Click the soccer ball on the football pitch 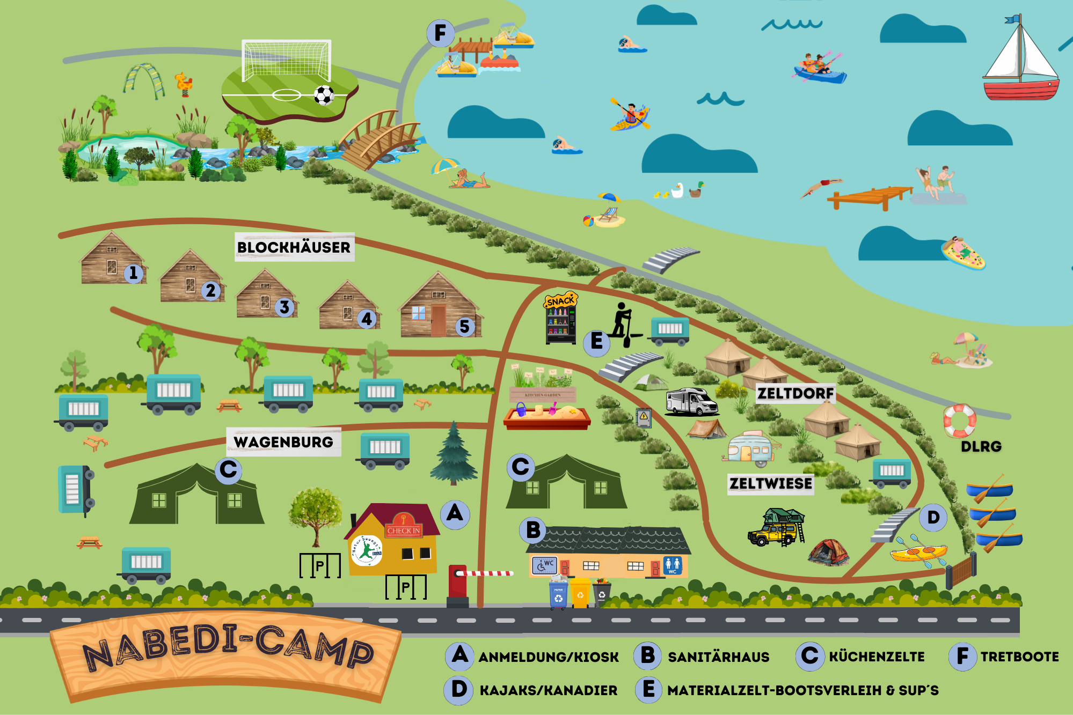point(324,95)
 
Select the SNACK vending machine point(560,320)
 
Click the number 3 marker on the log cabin point(284,307)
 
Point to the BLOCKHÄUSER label point(294,247)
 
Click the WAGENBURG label point(283,442)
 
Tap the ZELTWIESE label point(770,484)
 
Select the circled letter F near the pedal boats point(440,33)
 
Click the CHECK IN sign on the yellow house point(404,530)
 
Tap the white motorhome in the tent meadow point(691,402)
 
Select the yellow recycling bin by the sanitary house point(580,593)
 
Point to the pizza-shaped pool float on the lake point(963,253)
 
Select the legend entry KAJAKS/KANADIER point(548,690)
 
